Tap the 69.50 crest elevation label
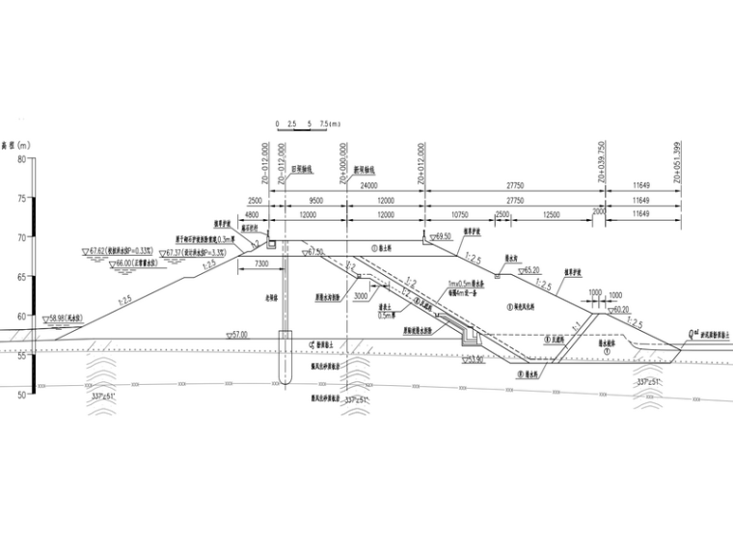[x=443, y=235]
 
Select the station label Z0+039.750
[x=602, y=162]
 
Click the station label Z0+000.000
[x=343, y=162]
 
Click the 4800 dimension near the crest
[x=254, y=212]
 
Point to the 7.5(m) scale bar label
[x=330, y=124]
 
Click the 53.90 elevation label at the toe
[x=474, y=359]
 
